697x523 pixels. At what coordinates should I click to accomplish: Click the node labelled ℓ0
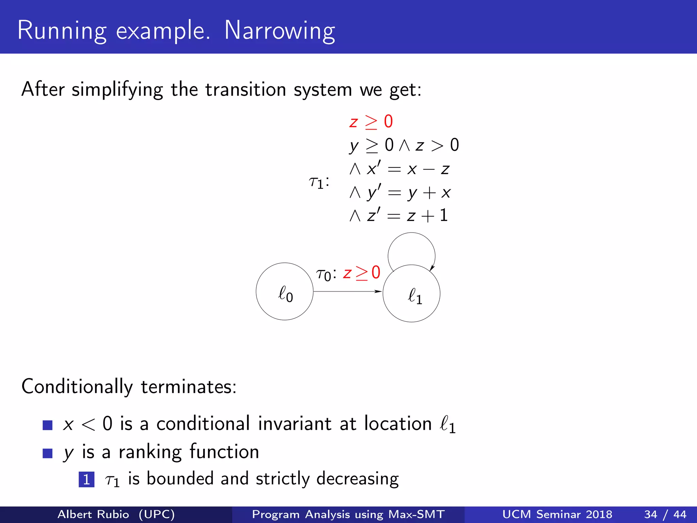pos(285,292)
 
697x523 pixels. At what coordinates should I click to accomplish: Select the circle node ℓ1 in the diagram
pos(411,294)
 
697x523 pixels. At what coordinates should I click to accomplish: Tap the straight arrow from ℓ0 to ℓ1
pos(347,291)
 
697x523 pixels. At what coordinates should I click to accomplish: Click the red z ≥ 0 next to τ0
pos(361,273)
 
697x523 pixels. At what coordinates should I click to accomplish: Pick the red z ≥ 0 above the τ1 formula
pos(371,122)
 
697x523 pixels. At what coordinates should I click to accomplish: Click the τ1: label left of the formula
pos(319,182)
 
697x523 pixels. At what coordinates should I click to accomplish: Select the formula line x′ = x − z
pos(400,169)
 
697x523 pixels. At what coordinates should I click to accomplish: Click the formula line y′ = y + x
pos(400,193)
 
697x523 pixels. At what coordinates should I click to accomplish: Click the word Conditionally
pos(77,387)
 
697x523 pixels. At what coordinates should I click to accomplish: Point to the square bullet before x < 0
pos(48,425)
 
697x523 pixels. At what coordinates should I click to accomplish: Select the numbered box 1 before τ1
pos(86,479)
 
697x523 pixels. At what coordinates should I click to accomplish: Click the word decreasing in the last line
pos(357,479)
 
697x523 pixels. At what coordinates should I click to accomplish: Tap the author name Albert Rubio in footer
pos(93,514)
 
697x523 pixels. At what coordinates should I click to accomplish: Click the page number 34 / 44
pos(665,514)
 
